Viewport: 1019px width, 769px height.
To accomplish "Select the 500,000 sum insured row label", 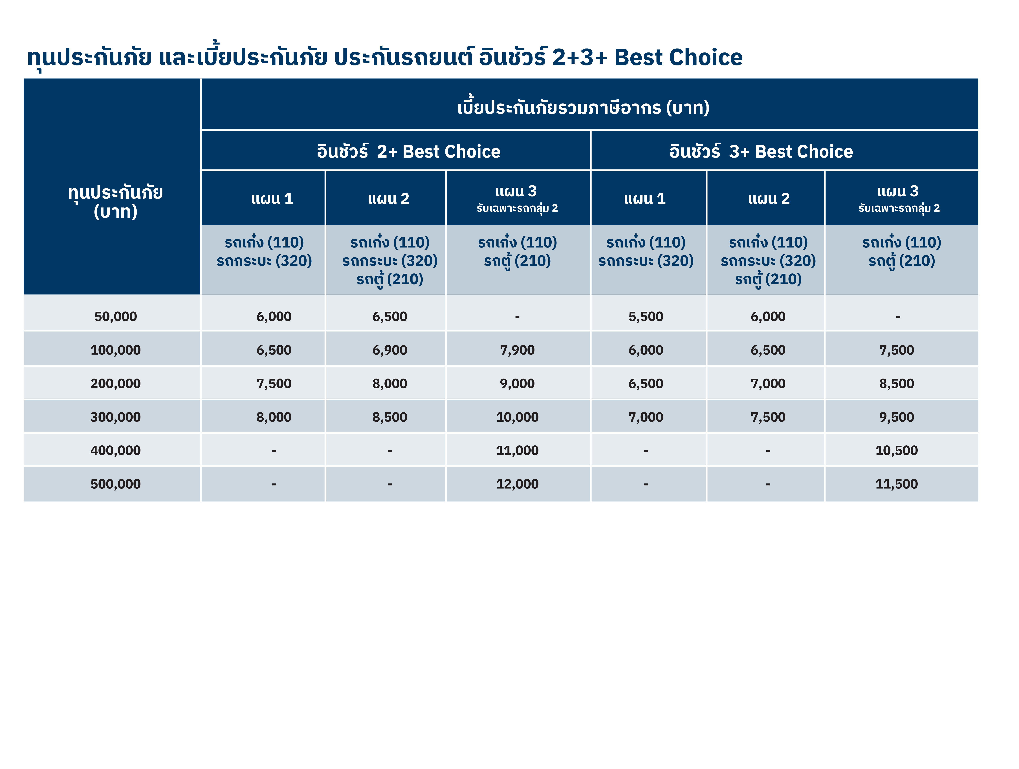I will tap(116, 484).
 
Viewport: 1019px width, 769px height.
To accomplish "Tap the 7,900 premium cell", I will tap(517, 350).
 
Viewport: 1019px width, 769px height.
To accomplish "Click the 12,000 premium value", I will tap(517, 484).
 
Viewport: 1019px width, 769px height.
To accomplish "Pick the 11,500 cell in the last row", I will tap(896, 484).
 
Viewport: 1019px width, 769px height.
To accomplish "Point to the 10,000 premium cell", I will tap(517, 417).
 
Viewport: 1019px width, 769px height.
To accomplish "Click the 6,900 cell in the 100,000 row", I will tap(390, 350).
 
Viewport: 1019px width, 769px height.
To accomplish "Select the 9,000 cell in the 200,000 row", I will tap(517, 384).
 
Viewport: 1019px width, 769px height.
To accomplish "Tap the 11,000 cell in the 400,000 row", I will tap(517, 450).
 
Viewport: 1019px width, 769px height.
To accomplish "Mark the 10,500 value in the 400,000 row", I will tap(896, 450).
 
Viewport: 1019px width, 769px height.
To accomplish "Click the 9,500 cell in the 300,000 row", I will tap(896, 417).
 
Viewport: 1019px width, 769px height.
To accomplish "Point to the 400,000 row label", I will tap(116, 450).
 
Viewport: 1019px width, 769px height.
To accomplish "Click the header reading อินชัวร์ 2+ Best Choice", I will tap(409, 151).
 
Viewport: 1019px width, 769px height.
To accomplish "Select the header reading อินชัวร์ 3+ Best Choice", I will tap(761, 151).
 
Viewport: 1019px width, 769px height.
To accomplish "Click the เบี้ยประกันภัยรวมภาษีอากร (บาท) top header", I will tap(583, 107).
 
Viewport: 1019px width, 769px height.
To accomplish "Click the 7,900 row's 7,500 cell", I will tap(896, 350).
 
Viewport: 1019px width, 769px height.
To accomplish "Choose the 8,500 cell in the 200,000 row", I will tap(896, 384).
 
